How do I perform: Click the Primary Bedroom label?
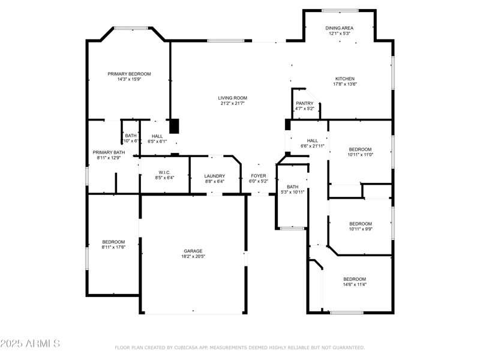tap(129, 74)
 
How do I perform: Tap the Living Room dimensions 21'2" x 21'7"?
tap(232, 103)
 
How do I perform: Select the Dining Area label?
tap(339, 28)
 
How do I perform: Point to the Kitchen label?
tap(345, 79)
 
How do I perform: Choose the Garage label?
tap(193, 251)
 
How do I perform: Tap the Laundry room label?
tap(214, 176)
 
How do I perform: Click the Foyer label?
tap(258, 176)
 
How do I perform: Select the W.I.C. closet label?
tap(165, 172)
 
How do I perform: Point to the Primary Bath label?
tap(109, 152)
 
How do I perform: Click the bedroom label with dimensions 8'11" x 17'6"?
tap(113, 242)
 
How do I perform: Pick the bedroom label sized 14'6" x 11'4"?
tap(355, 279)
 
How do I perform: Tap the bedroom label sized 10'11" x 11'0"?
tap(361, 149)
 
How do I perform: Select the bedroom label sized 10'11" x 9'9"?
tap(361, 224)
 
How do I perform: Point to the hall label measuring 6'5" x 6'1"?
tap(157, 136)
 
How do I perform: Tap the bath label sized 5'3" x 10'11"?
tap(293, 187)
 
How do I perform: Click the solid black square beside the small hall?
tap(175, 126)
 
